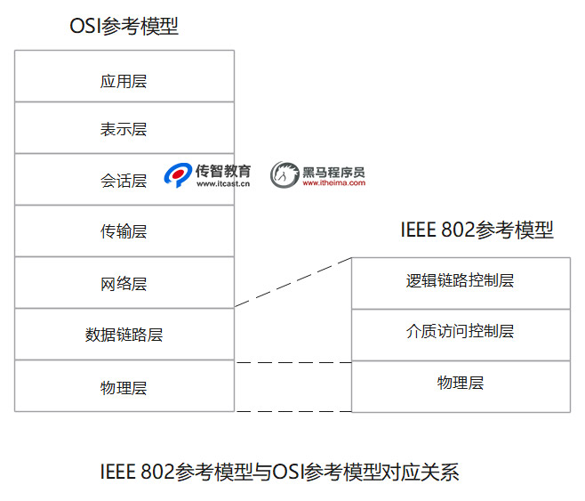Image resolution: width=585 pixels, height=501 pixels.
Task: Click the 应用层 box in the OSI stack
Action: [124, 81]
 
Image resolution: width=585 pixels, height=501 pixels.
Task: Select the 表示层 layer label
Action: [124, 129]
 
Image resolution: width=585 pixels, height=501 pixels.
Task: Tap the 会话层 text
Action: [124, 181]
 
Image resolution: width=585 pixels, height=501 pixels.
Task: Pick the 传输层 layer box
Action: [124, 232]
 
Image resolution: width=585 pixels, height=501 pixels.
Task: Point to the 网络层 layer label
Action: [124, 284]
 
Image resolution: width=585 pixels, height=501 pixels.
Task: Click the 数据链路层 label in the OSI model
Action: [124, 335]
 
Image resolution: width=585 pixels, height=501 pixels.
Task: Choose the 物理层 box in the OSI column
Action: [124, 387]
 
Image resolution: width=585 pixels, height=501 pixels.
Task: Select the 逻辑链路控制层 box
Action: [460, 281]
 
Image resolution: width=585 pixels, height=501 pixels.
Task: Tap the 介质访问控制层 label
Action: [460, 332]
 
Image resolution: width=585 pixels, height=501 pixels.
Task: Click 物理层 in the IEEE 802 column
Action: [460, 383]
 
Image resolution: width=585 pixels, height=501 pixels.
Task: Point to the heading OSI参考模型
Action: [124, 27]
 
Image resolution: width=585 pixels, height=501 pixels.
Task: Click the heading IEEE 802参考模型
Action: [477, 230]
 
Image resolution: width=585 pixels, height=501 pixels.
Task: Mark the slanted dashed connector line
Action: [293, 282]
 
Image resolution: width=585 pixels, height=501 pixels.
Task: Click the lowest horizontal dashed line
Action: [293, 411]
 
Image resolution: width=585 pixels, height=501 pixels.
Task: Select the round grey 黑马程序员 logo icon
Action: [284, 175]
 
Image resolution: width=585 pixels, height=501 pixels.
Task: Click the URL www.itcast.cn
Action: [223, 184]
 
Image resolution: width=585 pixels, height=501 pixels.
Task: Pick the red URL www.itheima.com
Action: [333, 183]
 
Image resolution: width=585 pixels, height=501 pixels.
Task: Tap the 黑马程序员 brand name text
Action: [333, 171]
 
